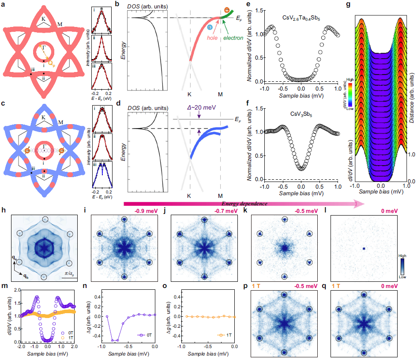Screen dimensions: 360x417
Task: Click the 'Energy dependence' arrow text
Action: (x=245, y=203)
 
